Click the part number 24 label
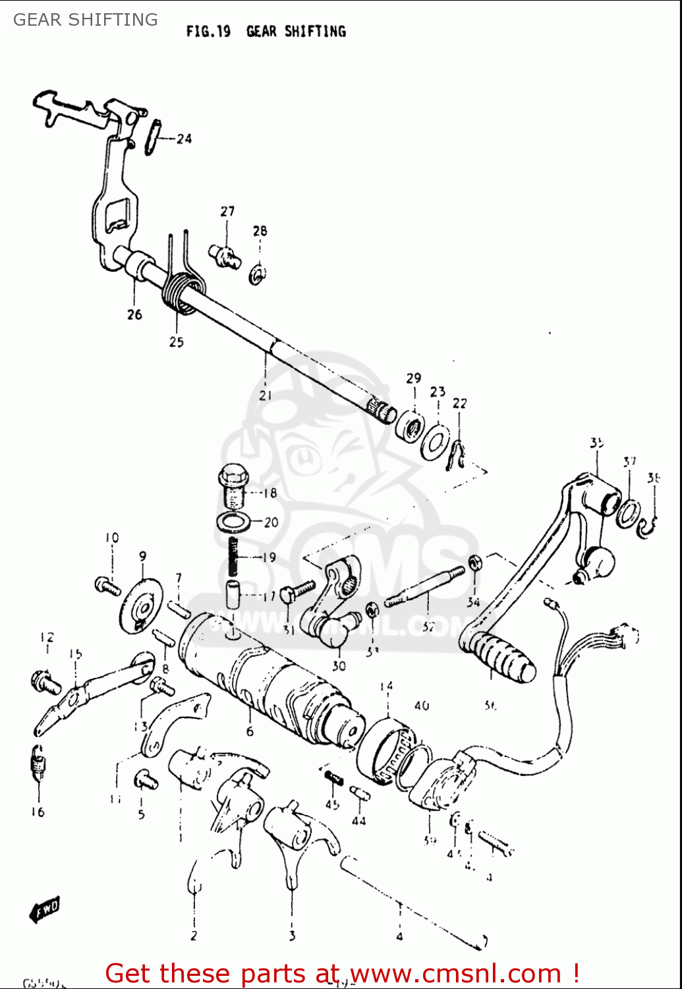[184, 138]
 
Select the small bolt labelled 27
[225, 255]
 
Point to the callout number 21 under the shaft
[265, 396]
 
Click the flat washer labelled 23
[436, 440]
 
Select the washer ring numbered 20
[233, 522]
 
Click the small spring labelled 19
[233, 556]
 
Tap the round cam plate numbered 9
[140, 605]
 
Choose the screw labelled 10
[107, 585]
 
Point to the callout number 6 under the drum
[250, 731]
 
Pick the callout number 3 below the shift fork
[292, 935]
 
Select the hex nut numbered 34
[474, 562]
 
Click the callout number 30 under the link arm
[339, 666]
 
